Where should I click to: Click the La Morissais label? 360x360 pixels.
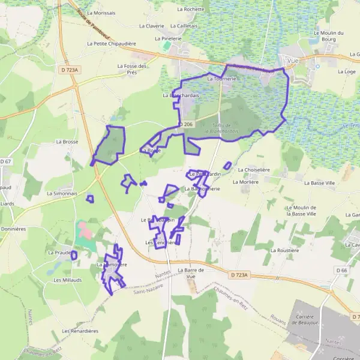click(101, 12)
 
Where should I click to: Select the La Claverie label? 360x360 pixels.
click(151, 26)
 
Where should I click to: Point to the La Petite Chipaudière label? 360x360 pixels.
click(112, 44)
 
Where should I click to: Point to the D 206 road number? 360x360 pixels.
click(186, 124)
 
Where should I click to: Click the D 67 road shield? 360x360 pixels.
click(6, 161)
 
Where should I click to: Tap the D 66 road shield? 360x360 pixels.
click(342, 271)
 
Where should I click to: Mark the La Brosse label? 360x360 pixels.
click(67, 142)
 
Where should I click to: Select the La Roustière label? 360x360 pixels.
click(284, 250)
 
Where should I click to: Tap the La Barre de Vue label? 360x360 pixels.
click(191, 273)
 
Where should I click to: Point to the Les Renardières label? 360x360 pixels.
click(79, 331)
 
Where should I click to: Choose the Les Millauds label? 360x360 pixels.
click(67, 280)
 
